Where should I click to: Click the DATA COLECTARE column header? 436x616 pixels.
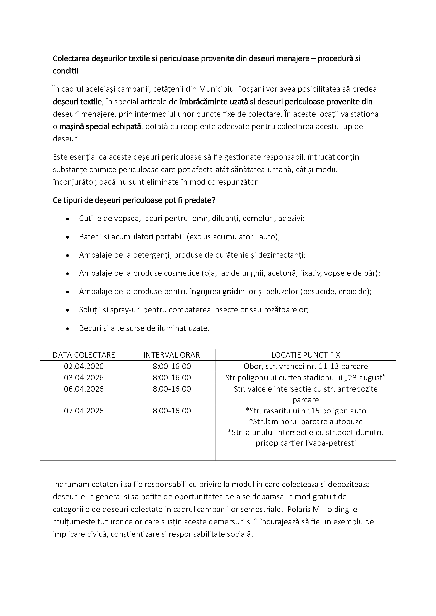(x=84, y=355)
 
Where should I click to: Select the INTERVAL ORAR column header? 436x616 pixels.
(x=172, y=355)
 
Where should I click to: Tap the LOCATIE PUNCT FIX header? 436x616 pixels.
(x=306, y=355)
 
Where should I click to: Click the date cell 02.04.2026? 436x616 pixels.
(x=84, y=366)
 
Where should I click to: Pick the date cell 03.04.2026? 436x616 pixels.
(x=84, y=377)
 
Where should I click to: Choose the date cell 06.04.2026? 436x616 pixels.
(x=84, y=389)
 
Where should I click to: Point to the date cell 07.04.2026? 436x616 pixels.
(x=84, y=411)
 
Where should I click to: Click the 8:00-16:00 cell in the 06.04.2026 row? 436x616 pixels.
(x=172, y=389)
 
